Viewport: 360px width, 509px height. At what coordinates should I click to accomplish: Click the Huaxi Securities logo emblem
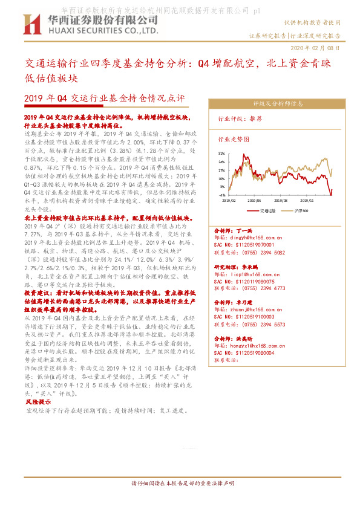click(x=31, y=24)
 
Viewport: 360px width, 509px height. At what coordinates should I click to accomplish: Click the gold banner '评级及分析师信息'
click(x=278, y=103)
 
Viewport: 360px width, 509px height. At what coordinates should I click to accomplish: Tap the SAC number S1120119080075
click(x=249, y=281)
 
